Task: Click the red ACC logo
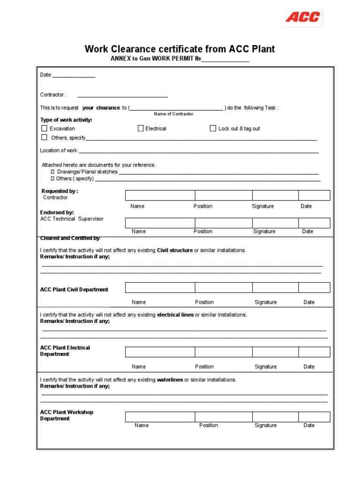303,17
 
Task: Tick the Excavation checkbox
44,128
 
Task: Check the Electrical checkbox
141,128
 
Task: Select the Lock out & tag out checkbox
213,128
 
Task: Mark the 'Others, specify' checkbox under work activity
44,137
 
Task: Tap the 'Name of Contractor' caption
173,114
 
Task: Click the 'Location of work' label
59,150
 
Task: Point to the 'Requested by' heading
60,191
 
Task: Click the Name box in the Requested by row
160,195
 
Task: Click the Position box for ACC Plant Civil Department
224,287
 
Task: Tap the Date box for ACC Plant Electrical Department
314,352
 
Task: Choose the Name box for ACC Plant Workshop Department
160,417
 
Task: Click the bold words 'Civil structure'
174,250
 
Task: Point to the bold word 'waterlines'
170,380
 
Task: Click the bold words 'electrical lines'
175,315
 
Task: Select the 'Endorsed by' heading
57,212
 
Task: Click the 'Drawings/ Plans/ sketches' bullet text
87,172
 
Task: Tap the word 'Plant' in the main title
263,49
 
